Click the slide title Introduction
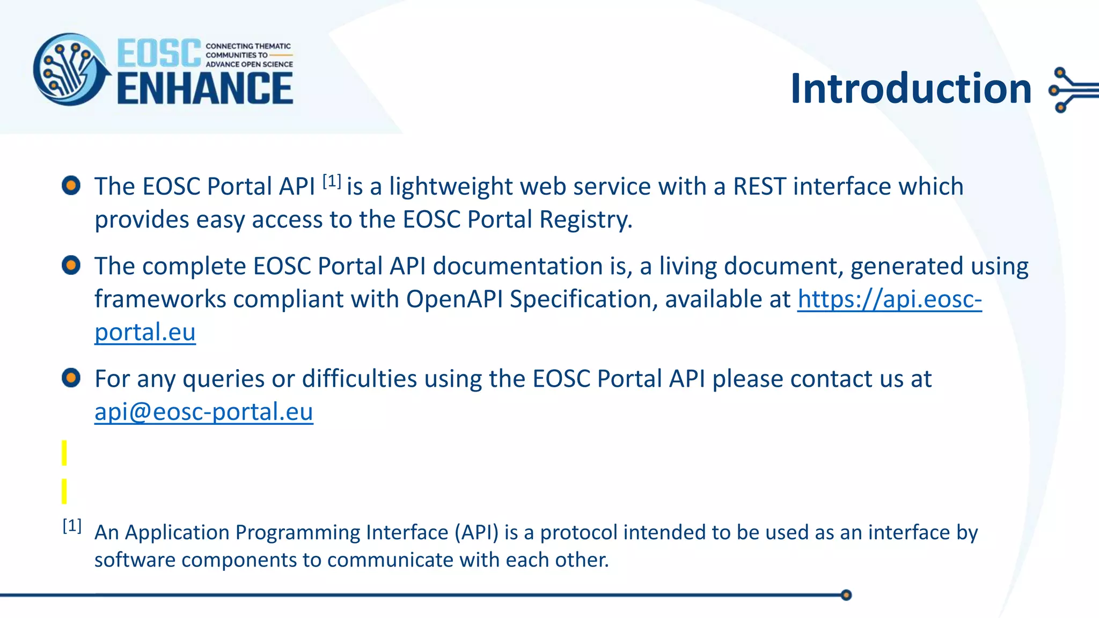point(911,89)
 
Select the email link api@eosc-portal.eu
point(204,412)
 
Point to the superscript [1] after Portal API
point(332,181)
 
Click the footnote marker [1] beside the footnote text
point(72,526)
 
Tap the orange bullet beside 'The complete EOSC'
point(71,265)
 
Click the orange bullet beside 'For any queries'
point(71,378)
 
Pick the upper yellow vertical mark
point(64,453)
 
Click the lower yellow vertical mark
point(64,491)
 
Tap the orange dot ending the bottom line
point(846,595)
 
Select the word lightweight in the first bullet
point(451,187)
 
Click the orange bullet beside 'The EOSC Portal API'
point(71,186)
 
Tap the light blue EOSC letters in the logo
point(159,53)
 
